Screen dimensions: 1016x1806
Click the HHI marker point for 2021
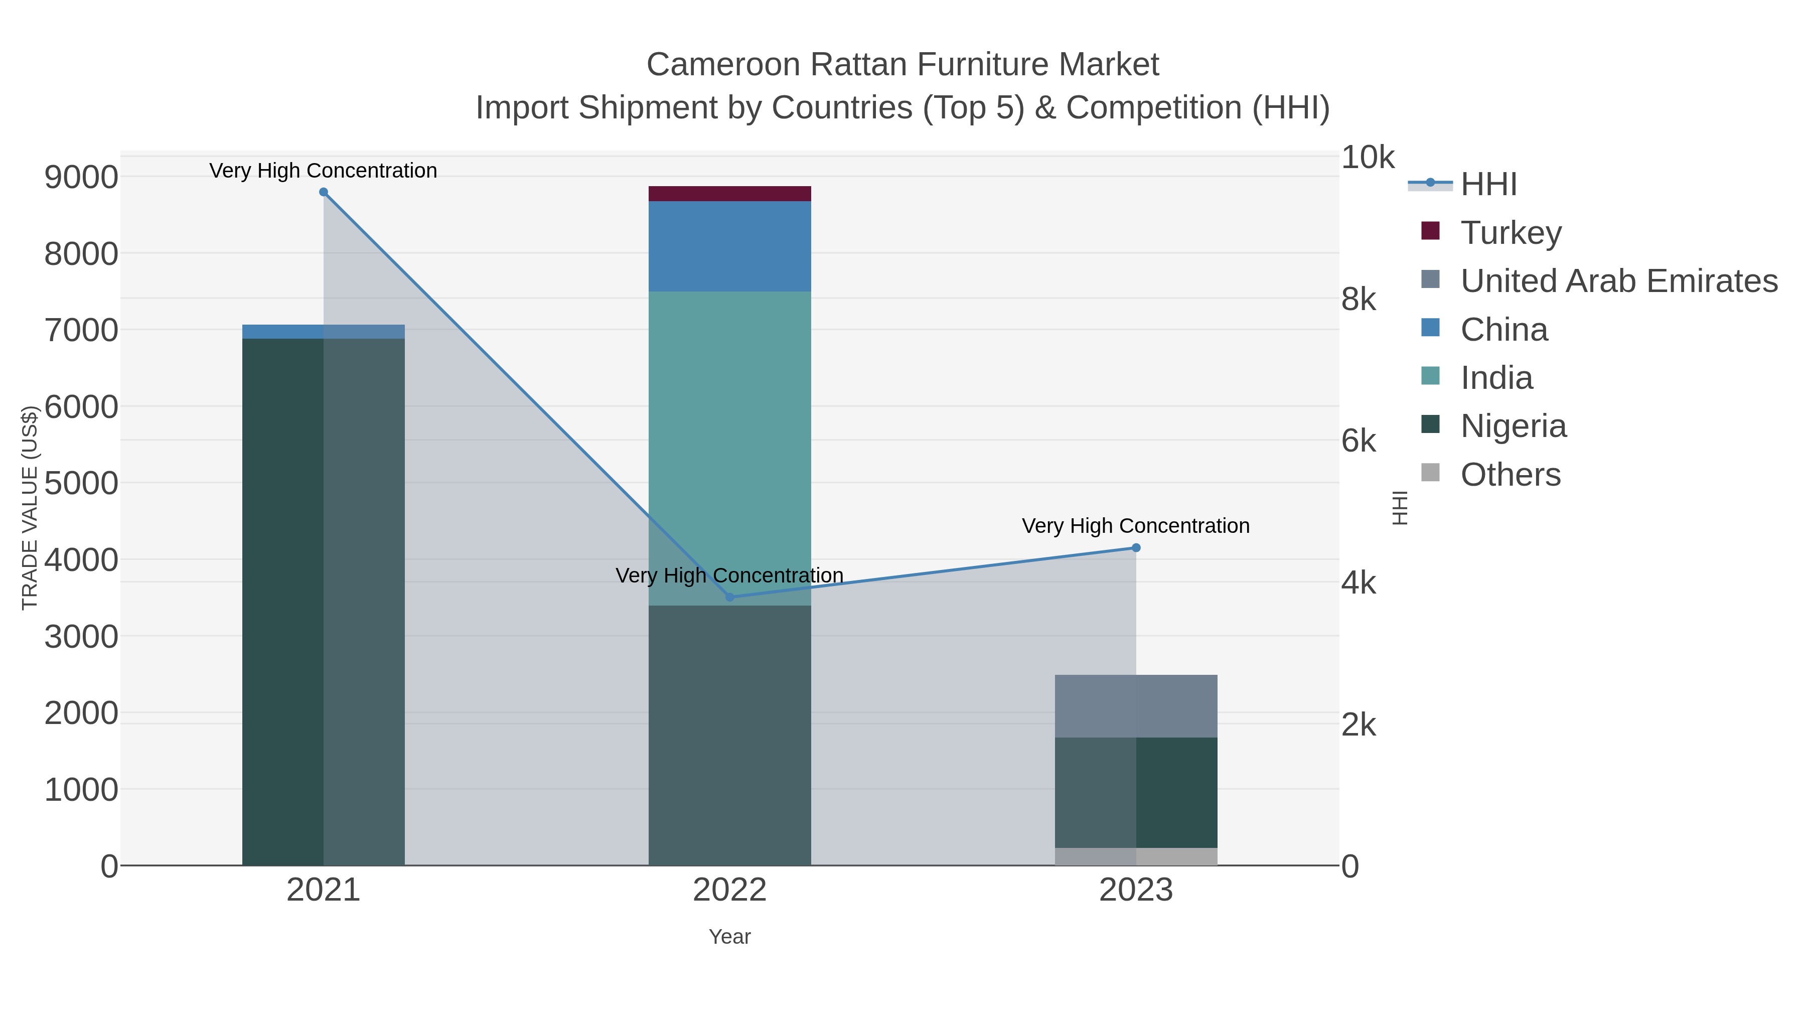pos(323,192)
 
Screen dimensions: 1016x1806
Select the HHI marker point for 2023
pos(1136,547)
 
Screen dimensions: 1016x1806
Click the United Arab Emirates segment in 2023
pos(1136,706)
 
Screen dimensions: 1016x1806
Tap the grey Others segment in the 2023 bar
pos(1136,857)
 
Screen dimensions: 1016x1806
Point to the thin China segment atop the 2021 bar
pos(323,332)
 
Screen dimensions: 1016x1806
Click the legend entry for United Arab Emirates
pos(1618,280)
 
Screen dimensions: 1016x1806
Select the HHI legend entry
pos(1488,185)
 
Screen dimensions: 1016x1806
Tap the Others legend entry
pos(1510,475)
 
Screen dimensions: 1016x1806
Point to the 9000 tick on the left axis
pos(81,177)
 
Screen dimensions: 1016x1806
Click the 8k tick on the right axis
pos(1358,300)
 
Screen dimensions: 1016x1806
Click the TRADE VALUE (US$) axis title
pos(30,508)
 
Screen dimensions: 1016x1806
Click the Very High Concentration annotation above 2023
pos(1135,526)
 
